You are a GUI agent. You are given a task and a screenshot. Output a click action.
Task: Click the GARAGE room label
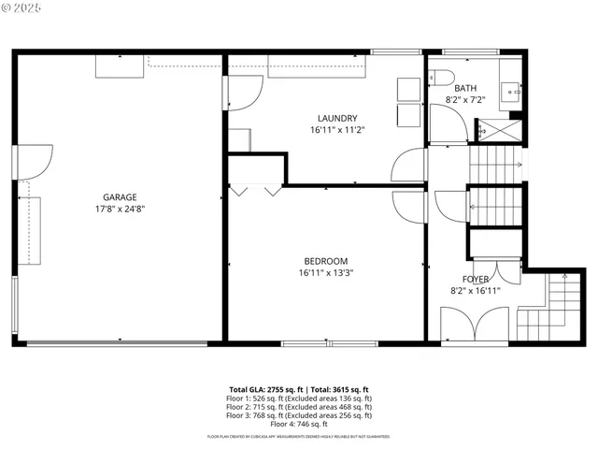point(120,197)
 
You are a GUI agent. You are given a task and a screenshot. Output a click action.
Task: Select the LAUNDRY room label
point(336,118)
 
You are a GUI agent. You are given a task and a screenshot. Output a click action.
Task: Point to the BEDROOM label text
point(325,261)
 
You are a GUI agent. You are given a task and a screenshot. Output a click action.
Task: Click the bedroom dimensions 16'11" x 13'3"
point(325,273)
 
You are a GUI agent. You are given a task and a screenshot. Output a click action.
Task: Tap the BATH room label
point(464,88)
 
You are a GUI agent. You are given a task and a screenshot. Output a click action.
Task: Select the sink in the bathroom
point(510,90)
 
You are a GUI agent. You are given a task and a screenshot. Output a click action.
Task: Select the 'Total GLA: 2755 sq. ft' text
point(262,389)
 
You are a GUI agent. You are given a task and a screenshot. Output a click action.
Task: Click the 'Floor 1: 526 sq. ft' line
point(299,398)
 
